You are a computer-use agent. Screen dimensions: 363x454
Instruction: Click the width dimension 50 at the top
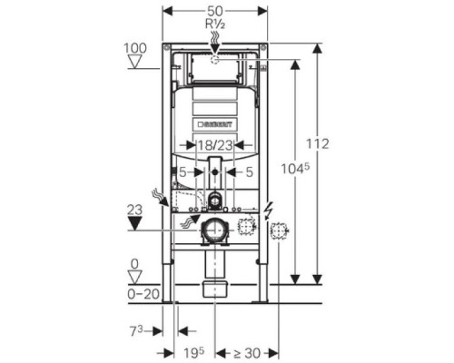click(214, 8)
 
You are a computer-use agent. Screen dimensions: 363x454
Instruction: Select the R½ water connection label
click(214, 23)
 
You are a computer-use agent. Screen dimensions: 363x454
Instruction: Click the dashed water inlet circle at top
click(214, 59)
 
